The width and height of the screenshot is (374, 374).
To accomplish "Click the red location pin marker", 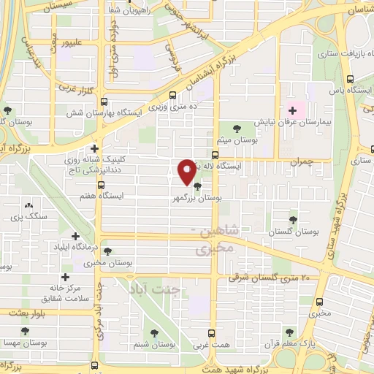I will point(187,172).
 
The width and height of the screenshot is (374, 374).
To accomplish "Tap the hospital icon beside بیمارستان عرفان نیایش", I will point(293,111).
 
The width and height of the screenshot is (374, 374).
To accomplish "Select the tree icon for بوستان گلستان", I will point(294,218).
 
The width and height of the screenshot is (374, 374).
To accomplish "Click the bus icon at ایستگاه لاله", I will point(214,155).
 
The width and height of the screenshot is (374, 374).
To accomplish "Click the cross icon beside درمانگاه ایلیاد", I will point(76,235).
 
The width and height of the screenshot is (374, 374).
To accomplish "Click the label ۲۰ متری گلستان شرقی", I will point(275,278).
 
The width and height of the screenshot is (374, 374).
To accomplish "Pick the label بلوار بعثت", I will point(28,312).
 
